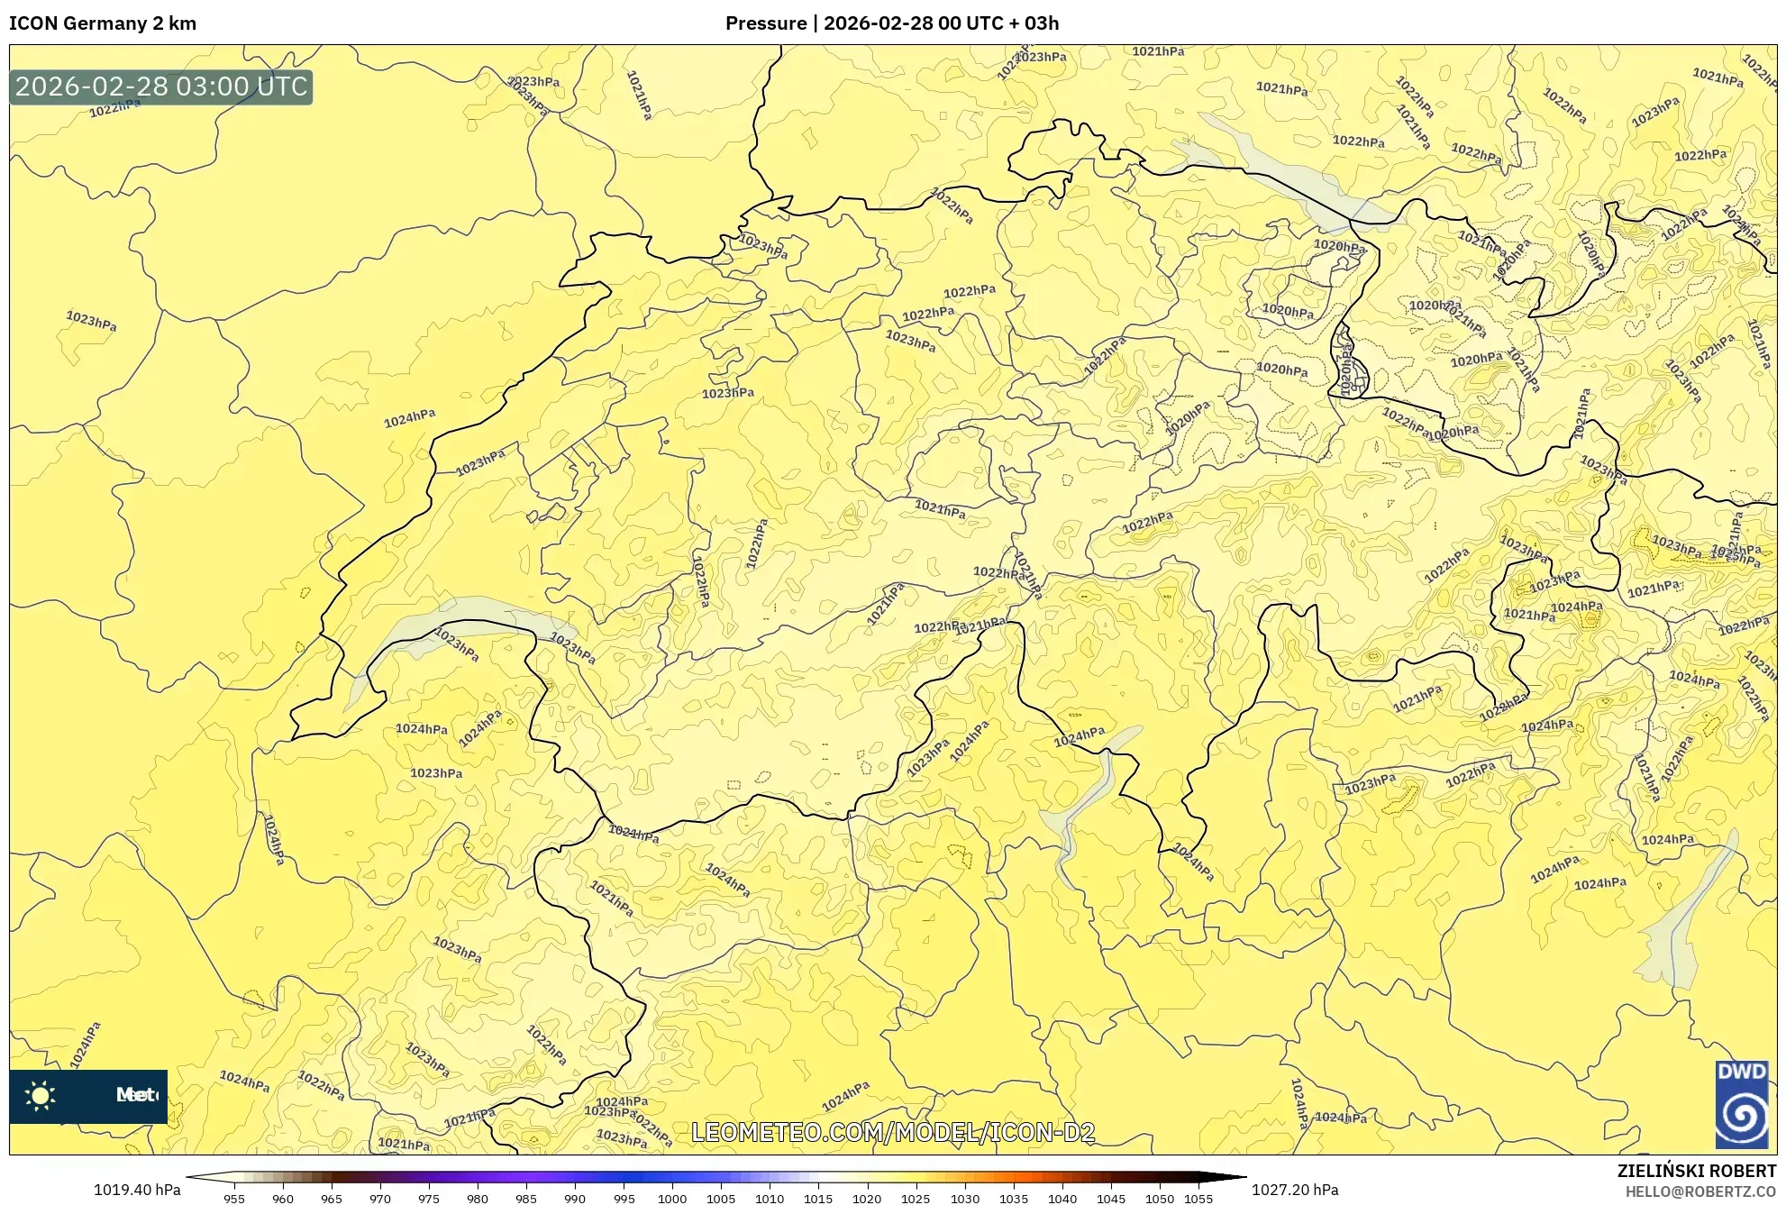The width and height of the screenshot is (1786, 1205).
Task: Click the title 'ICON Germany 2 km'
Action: (103, 23)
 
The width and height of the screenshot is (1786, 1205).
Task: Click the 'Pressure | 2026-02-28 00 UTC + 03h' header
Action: (891, 23)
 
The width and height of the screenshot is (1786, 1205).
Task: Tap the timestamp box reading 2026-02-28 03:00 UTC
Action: (161, 87)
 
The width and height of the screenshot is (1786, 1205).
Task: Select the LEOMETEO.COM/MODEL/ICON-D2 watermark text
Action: (892, 1133)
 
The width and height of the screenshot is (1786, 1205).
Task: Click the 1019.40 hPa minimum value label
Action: (137, 1190)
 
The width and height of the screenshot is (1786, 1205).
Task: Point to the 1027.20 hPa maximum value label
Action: (1294, 1190)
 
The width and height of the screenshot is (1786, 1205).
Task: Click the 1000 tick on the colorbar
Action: (671, 1199)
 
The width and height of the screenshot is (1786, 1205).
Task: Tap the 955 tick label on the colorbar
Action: (234, 1199)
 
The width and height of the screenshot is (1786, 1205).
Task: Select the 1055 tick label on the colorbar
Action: (1198, 1199)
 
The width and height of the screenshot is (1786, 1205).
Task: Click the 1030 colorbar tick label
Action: (964, 1199)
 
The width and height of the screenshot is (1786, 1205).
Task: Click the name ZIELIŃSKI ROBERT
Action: (1696, 1171)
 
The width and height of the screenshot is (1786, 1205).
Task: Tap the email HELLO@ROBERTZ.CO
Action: (1699, 1191)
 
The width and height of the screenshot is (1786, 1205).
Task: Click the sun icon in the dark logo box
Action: (41, 1096)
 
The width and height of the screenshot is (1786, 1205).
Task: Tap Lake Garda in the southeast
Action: (1685, 919)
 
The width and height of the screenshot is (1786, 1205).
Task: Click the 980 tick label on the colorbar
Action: (477, 1199)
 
